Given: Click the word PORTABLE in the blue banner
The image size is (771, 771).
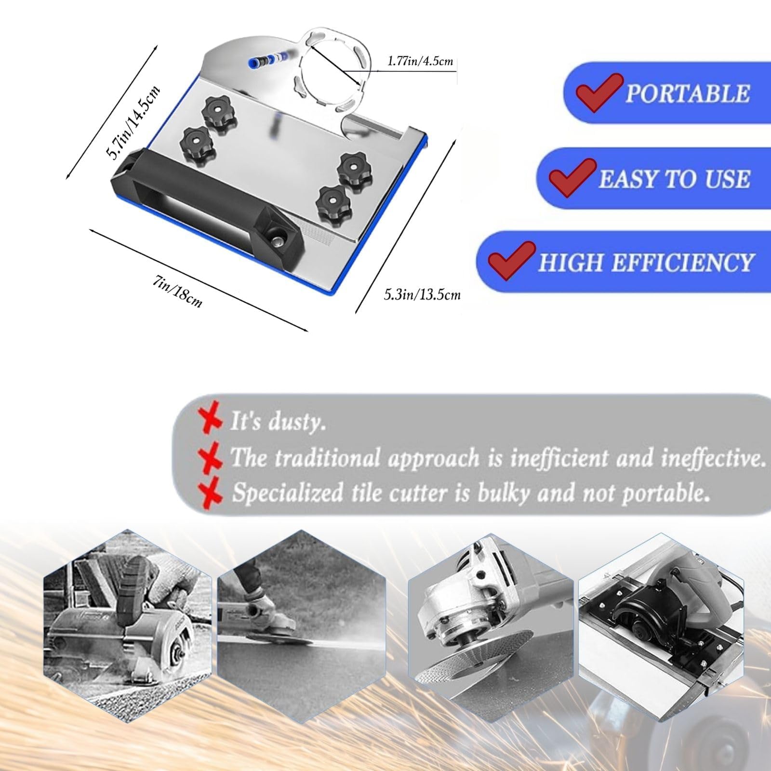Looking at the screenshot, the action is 688,93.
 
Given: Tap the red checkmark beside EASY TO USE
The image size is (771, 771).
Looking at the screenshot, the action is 570,177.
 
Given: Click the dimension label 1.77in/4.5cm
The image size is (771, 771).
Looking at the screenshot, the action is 421,61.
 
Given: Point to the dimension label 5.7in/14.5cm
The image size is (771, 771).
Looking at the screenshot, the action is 133,121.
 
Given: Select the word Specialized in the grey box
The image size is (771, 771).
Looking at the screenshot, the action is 288,493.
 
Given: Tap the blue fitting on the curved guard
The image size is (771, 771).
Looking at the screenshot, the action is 251,61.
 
